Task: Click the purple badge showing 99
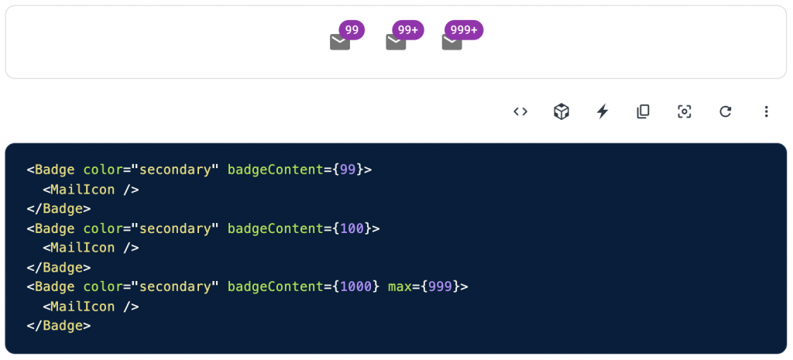[x=352, y=30]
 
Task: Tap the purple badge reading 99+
[x=408, y=30]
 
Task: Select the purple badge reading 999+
[x=464, y=30]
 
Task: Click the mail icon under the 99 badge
[x=340, y=43]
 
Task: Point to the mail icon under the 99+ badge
[x=396, y=43]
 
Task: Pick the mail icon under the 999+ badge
[x=451, y=43]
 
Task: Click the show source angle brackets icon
[x=520, y=111]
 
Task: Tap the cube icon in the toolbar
[x=561, y=111]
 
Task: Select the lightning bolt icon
[x=602, y=111]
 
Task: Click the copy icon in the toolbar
[x=643, y=111]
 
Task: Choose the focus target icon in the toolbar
[x=684, y=111]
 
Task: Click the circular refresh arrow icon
[x=726, y=111]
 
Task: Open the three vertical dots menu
[x=766, y=111]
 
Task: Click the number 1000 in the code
[x=355, y=286]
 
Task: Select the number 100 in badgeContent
[x=352, y=228]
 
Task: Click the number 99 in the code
[x=348, y=170]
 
